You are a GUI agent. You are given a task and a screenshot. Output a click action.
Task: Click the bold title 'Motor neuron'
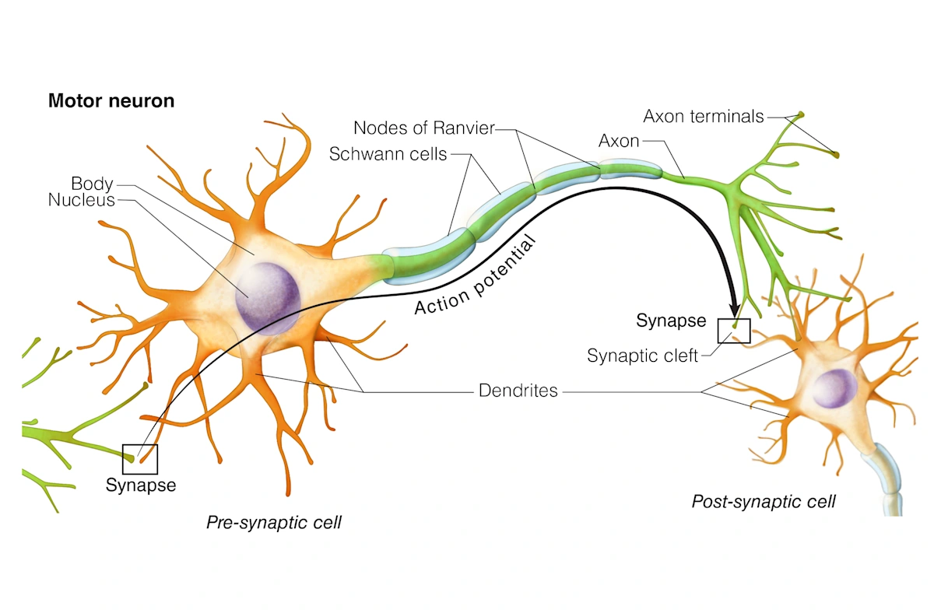[111, 101]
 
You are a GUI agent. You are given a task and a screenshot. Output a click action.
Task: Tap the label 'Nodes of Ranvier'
[423, 128]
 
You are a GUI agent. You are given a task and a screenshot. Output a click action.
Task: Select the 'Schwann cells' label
[388, 154]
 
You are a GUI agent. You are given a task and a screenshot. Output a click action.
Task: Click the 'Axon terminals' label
[704, 117]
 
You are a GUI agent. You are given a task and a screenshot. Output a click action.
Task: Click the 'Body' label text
[92, 184]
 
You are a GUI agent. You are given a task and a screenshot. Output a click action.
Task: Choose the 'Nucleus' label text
[82, 200]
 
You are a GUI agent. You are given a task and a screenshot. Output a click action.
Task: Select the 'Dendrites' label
[519, 391]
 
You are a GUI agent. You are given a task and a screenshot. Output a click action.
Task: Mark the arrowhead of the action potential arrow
[733, 306]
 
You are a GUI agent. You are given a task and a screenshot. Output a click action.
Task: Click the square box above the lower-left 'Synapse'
[140, 458]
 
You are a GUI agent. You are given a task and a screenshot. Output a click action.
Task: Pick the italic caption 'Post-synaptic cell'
[764, 502]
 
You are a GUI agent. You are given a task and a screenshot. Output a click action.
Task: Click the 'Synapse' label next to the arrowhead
[671, 321]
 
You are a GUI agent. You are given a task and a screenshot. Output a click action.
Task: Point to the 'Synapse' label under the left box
[141, 486]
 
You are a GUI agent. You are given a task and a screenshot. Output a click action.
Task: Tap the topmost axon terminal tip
[799, 115]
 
